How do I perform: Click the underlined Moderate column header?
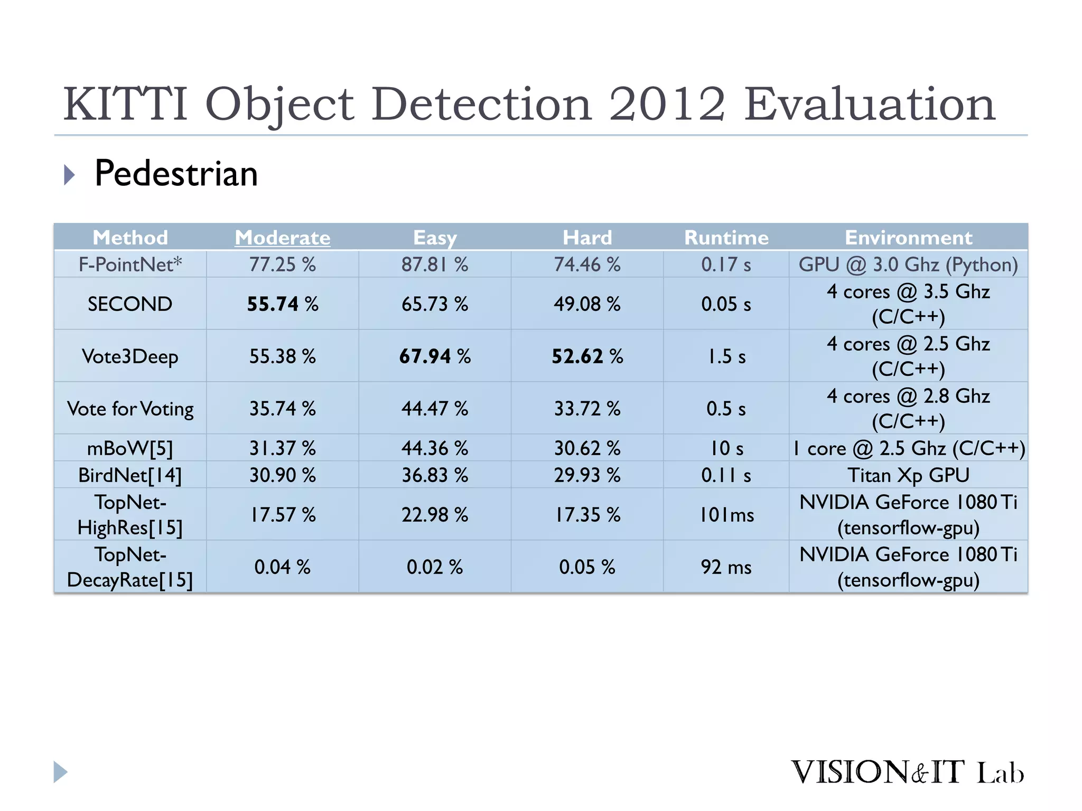click(x=283, y=238)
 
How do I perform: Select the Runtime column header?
click(x=726, y=238)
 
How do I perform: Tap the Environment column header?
click(x=908, y=238)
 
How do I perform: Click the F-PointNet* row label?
click(x=130, y=265)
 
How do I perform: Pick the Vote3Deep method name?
click(x=130, y=356)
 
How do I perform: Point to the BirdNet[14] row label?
click(x=130, y=475)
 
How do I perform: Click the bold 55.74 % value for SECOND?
click(x=283, y=304)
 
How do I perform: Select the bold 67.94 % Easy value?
click(x=435, y=356)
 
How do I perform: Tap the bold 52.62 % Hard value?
click(x=587, y=356)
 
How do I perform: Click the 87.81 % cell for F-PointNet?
click(x=435, y=265)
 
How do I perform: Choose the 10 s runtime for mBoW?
click(x=726, y=448)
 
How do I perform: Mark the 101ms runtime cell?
click(x=726, y=515)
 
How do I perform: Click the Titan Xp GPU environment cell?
click(x=908, y=475)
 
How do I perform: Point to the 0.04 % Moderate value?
click(x=283, y=567)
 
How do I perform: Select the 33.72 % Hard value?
click(x=587, y=409)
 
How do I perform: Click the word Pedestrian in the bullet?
click(x=176, y=174)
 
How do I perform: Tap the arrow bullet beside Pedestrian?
click(x=69, y=175)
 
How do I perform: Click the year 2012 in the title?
click(x=667, y=104)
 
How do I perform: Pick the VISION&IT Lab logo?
click(x=907, y=772)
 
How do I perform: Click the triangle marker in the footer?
click(x=60, y=772)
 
